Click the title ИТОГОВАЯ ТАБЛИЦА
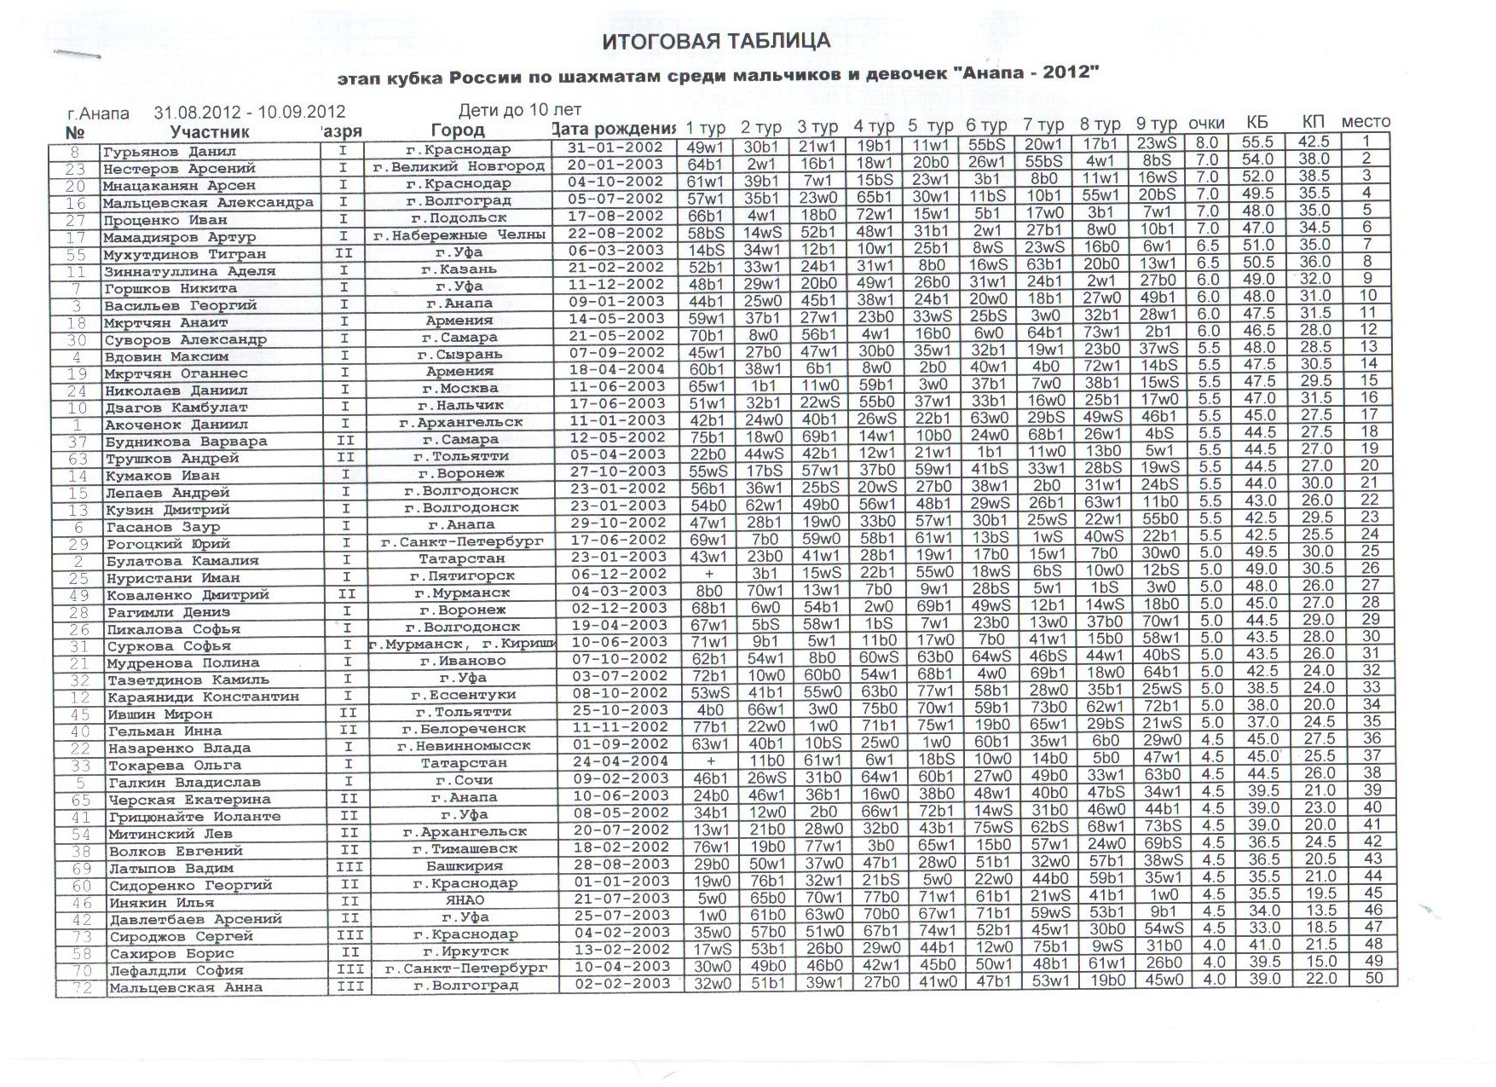pos(716,41)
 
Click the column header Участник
pos(210,132)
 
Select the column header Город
pos(458,130)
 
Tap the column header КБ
pos(1257,122)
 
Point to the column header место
pos(1366,122)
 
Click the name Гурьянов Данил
pos(159,152)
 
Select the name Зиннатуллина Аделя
pos(189,271)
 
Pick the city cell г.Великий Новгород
pos(459,166)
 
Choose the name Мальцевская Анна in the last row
pos(185,988)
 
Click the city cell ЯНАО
pos(465,900)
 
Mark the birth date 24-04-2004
pos(620,762)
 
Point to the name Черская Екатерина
pos(188,800)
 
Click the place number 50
pos(1373,978)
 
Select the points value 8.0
pos(1206,143)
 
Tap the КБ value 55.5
pos(1258,143)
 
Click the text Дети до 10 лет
pos(520,110)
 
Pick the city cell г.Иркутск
pos(465,951)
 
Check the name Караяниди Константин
pos(202,697)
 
